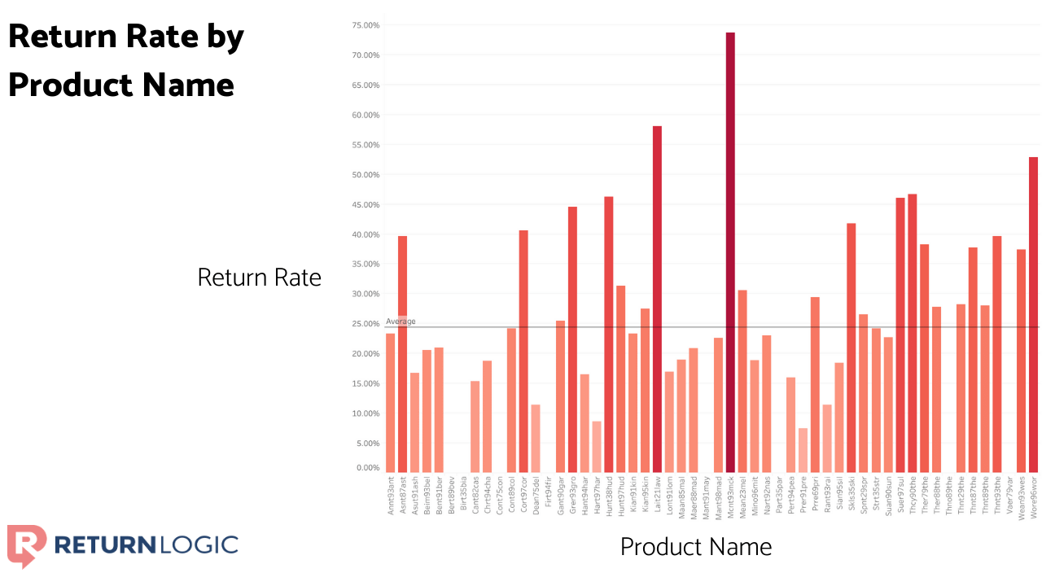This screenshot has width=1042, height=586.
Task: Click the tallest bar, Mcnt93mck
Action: pos(730,252)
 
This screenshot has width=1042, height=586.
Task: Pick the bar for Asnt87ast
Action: pos(402,354)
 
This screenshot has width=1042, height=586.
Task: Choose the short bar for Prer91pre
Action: pos(803,450)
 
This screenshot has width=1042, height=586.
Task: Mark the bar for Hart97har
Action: pos(597,446)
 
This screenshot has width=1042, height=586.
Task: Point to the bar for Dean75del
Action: pos(536,438)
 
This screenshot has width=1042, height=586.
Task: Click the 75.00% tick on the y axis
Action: pos(366,25)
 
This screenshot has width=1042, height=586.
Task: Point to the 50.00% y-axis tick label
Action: pos(366,175)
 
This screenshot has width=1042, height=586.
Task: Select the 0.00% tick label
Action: pos(367,468)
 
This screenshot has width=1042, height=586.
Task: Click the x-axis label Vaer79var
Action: pos(1009,496)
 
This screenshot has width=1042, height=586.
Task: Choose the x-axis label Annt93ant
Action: pos(391,496)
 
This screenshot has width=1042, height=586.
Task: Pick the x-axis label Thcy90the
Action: pos(912,496)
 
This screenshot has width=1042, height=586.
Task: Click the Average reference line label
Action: pos(401,321)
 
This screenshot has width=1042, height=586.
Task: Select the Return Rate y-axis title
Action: pos(259,278)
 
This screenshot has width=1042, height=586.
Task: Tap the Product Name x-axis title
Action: pos(695,546)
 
